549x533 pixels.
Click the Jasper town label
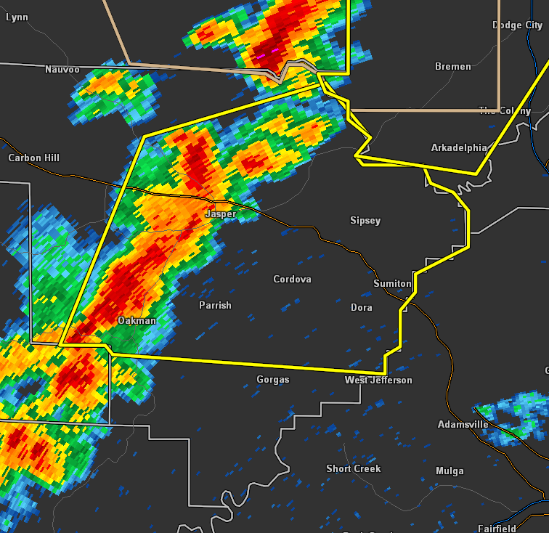[220, 214]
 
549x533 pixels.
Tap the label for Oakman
[137, 320]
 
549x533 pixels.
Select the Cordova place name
[292, 280]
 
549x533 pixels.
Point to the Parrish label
[215, 306]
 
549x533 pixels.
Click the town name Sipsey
[365, 221]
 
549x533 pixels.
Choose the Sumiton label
[392, 283]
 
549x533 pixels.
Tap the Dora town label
[362, 308]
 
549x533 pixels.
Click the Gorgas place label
[273, 380]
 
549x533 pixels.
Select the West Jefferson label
[378, 381]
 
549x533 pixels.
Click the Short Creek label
[354, 469]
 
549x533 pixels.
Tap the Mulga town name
[450, 471]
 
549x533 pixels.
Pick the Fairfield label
[497, 529]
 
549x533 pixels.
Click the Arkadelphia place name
[459, 148]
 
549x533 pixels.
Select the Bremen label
[453, 67]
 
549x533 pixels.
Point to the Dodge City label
[518, 25]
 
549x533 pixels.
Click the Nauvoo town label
[62, 70]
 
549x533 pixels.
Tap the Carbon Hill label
[34, 158]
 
